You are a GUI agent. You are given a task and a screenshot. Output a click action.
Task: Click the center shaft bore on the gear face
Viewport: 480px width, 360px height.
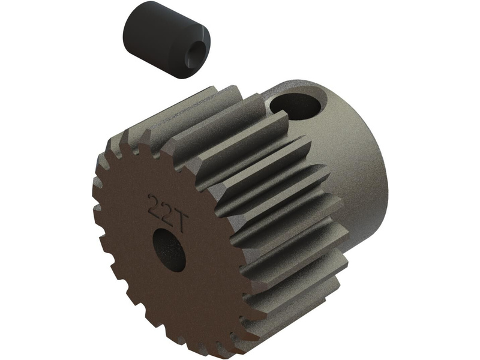(x=169, y=250)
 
